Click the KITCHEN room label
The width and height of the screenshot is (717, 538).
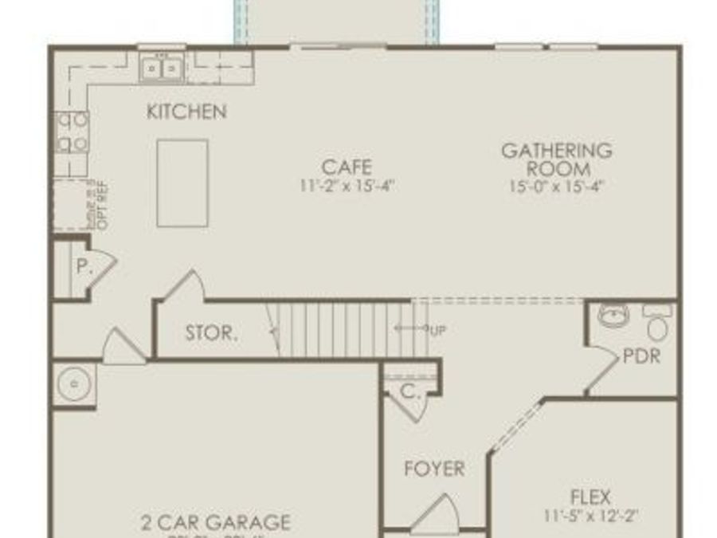pos(186,112)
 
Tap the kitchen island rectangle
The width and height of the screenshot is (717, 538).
pos(182,183)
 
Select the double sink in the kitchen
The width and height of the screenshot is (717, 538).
pos(163,69)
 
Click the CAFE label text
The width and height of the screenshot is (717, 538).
pos(347,167)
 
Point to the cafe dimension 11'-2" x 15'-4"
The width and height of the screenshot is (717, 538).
pos(347,186)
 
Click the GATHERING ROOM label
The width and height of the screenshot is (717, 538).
pos(557,159)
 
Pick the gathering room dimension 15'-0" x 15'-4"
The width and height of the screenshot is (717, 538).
pos(557,187)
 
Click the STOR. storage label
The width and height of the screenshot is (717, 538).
pos(211,333)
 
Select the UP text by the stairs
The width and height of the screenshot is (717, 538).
pos(437,330)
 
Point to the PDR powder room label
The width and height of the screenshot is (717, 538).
pos(642,355)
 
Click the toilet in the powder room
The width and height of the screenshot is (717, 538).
pos(657,323)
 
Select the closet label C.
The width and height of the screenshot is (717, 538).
pos(409,391)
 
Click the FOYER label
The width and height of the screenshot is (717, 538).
pos(434,469)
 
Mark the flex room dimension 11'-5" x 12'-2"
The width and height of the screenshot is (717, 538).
pos(590,516)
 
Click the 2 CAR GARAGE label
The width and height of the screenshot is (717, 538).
pos(215,523)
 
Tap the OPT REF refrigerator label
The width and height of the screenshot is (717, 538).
pos(102,206)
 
